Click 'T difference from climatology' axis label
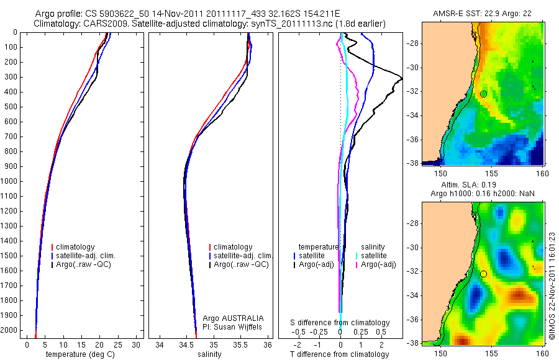point(340,354)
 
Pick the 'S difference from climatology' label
point(340,323)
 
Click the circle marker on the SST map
point(483,94)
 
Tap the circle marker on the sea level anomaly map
point(483,274)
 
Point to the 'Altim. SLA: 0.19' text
point(483,185)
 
